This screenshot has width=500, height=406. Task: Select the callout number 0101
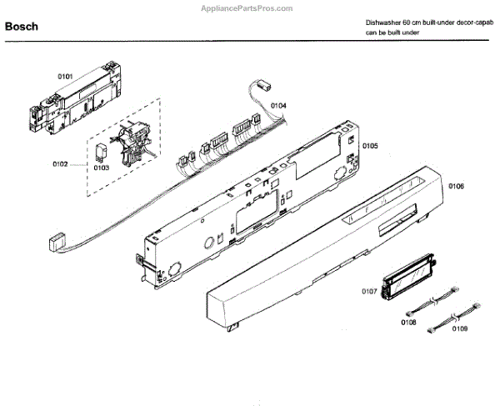[65, 77]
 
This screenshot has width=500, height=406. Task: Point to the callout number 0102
[59, 164]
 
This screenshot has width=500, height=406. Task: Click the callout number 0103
[101, 168]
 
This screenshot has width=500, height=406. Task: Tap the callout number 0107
[368, 292]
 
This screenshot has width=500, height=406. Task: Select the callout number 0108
[408, 322]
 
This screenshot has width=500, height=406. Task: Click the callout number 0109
[458, 329]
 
